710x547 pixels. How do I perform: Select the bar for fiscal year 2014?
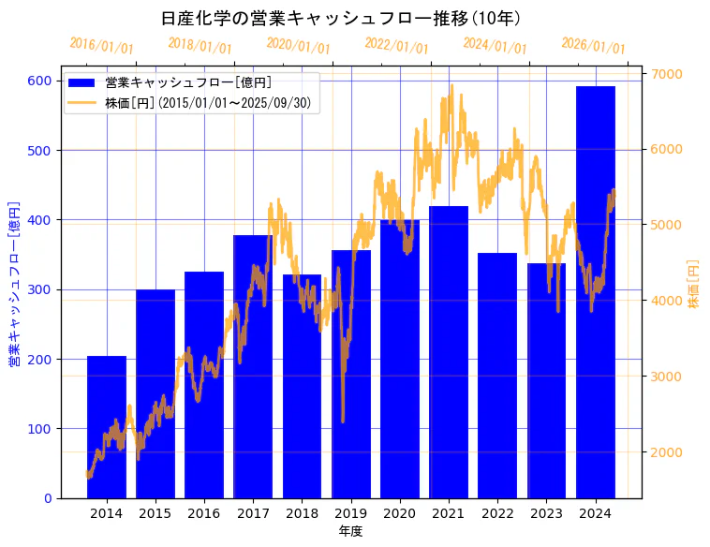pos(107,427)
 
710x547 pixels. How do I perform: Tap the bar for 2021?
pos(449,352)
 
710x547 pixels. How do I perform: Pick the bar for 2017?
pos(253,366)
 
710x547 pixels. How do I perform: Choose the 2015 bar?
pos(155,393)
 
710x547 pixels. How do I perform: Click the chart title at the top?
pos(341,18)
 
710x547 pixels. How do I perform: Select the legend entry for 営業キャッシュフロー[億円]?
pos(188,83)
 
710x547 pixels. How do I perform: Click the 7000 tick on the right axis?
pos(667,74)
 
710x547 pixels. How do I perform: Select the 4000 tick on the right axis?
pos(667,301)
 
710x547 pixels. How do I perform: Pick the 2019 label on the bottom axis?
pos(350,513)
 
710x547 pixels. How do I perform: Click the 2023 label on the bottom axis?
pos(546,513)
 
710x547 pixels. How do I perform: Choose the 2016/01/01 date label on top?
pos(101,45)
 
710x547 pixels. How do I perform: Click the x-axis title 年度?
pos(350,531)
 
